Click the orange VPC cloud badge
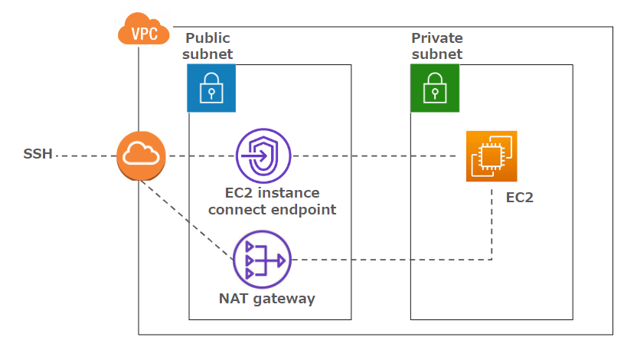click(142, 31)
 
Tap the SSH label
click(38, 154)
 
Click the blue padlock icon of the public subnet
click(211, 88)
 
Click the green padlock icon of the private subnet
click(435, 88)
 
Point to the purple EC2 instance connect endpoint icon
click(263, 155)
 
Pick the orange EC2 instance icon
click(492, 156)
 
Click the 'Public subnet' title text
click(207, 46)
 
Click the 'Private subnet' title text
click(436, 46)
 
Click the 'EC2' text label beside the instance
click(520, 197)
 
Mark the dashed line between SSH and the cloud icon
click(85, 155)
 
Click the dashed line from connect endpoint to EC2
click(375, 155)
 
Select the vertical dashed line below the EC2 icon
click(492, 222)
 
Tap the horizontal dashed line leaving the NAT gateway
click(383, 260)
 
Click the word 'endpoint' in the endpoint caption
click(305, 209)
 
